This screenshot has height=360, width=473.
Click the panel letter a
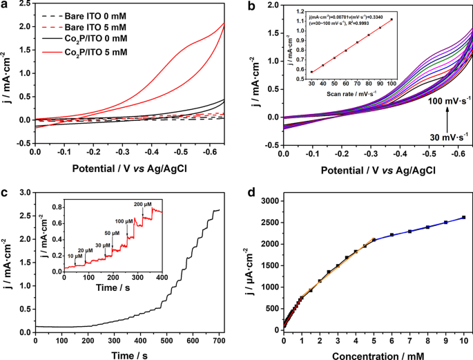6,7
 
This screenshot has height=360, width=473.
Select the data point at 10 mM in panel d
463,217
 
